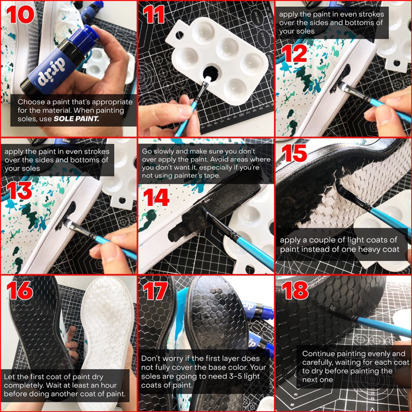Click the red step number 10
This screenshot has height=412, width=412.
point(21,14)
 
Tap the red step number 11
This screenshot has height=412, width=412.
point(154,14)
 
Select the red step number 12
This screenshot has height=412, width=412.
point(294,53)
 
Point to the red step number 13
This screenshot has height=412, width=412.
point(19,191)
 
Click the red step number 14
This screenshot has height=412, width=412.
point(156,197)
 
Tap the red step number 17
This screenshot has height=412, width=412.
point(156,290)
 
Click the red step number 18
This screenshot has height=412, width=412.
point(295,290)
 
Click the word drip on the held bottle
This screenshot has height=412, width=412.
point(50,72)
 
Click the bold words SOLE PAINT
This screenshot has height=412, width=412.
point(76,119)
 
